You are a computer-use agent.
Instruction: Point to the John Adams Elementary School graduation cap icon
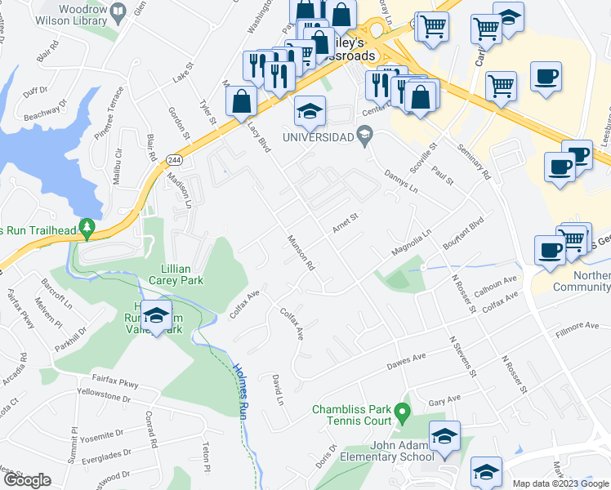[x=445, y=439]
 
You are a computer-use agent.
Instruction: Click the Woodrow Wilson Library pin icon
[x=118, y=11]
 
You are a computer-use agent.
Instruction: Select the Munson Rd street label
[x=300, y=254]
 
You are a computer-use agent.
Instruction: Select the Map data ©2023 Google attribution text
[x=560, y=483]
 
